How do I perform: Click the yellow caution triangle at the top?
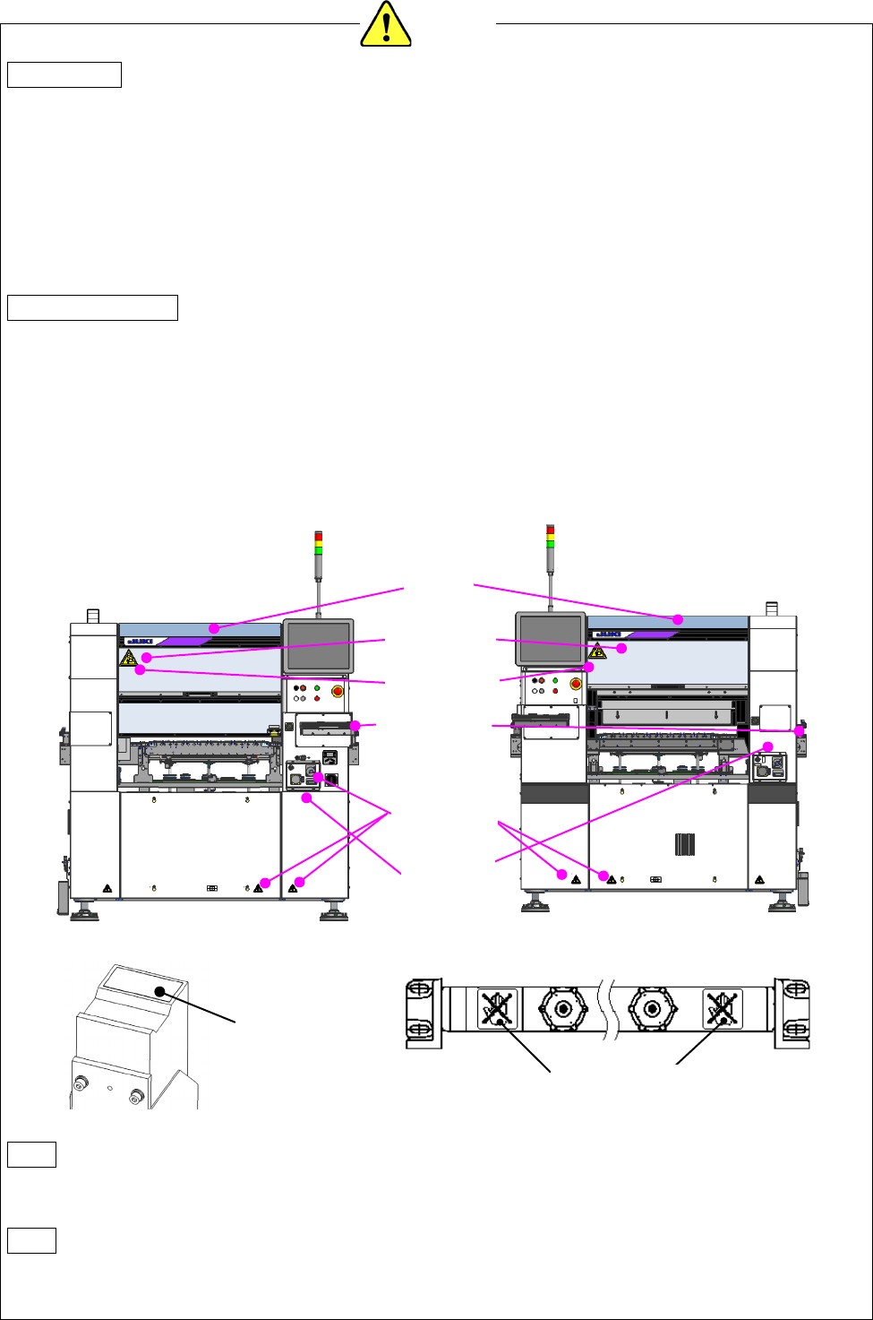385,24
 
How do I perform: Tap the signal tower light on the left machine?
319,544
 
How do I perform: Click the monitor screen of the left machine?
318,646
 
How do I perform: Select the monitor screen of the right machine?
550,638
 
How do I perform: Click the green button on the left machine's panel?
317,687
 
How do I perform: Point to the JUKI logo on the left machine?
140,642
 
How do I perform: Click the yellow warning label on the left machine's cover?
128,659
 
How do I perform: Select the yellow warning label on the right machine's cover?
597,651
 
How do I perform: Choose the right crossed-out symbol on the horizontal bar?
718,1009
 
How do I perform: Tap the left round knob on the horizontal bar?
562,1009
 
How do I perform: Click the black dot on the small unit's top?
159,991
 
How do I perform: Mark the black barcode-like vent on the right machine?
684,844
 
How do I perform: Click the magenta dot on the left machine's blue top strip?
214,628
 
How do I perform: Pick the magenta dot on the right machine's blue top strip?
678,619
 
